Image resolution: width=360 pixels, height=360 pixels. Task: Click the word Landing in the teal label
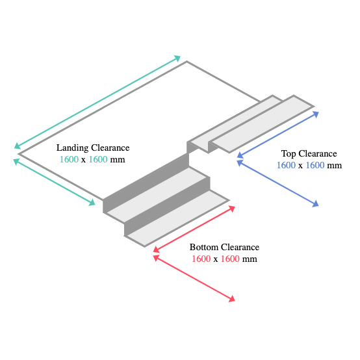pos(72,148)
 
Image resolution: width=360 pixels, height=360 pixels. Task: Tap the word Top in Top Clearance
pos(289,154)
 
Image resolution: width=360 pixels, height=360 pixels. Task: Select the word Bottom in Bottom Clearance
pos(204,247)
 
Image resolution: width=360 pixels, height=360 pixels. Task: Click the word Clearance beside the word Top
pos(318,153)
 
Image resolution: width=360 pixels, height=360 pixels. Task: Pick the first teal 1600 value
pos(69,159)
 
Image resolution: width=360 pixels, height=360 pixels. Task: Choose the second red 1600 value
pos(230,259)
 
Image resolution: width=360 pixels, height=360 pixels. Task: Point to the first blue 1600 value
pos(286,165)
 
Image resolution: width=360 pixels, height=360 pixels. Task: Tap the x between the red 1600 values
pos(215,259)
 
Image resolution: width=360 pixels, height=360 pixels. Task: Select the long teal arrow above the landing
pos(97,102)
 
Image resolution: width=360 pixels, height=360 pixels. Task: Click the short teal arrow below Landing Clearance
pos(54,182)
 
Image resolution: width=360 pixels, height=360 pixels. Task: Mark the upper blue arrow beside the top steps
pos(278,135)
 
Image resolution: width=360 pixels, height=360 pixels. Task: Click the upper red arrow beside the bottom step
pos(194,229)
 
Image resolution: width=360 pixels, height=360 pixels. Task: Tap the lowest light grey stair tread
pos(177,218)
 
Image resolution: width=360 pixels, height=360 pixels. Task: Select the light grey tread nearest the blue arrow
pos(262,124)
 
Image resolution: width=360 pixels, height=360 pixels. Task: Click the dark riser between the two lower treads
pos(167,206)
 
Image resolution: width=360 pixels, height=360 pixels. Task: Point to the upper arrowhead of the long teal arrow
pos(177,58)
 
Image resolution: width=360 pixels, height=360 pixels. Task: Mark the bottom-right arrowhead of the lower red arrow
pos(232,299)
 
